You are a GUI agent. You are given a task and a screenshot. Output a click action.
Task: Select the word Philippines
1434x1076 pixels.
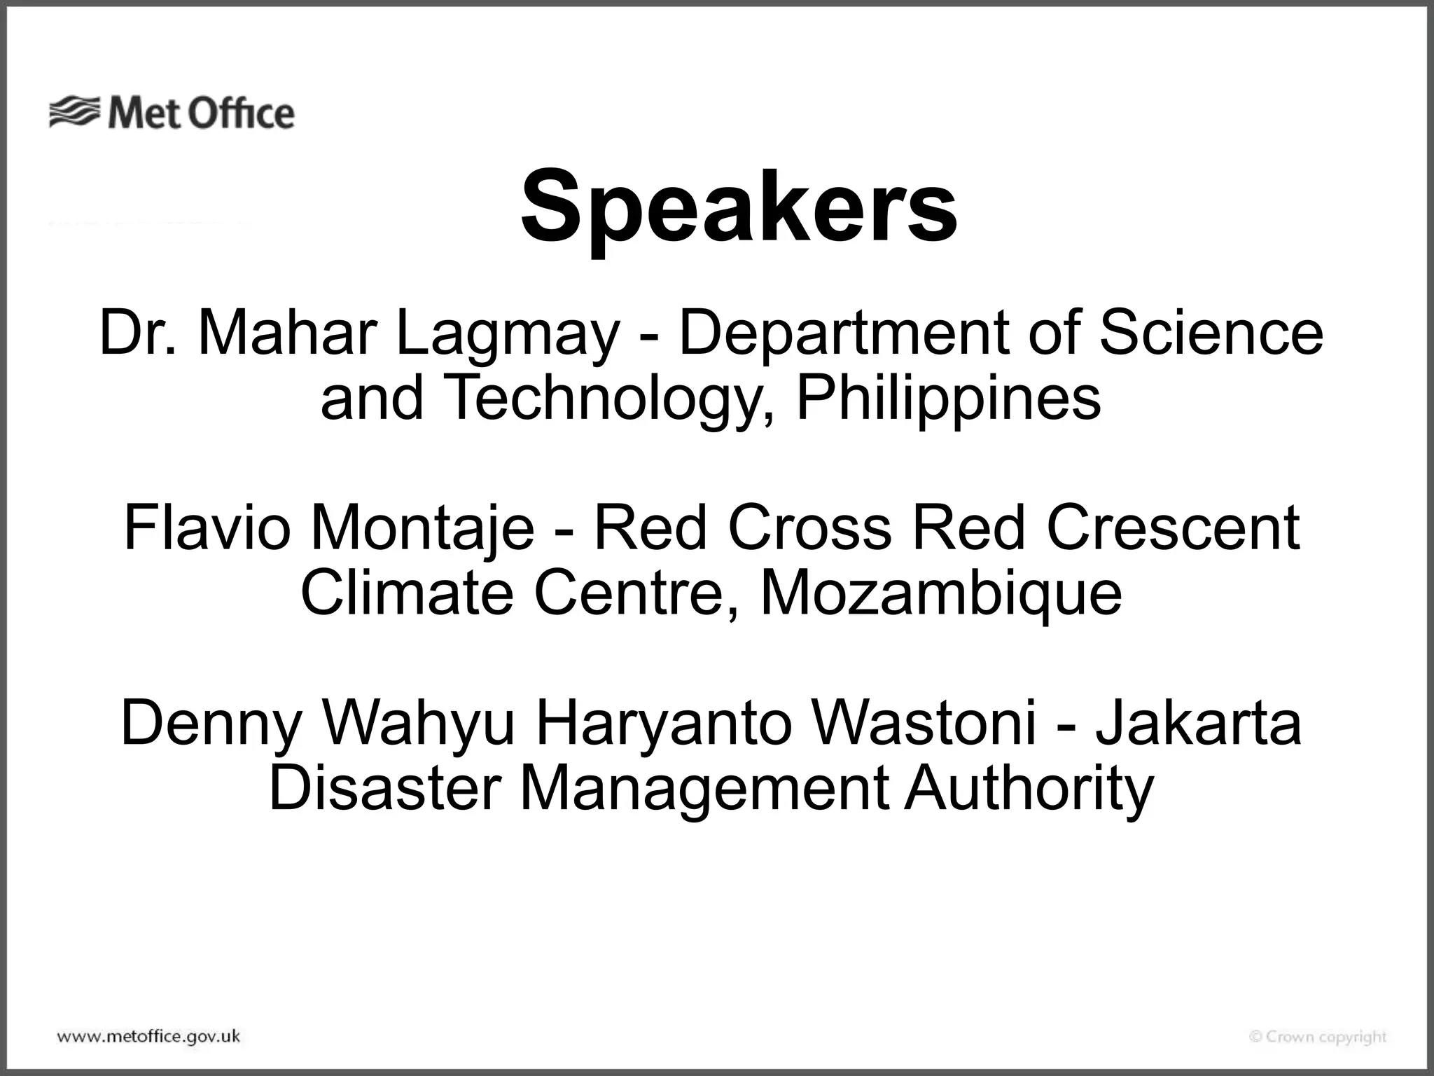[948, 398]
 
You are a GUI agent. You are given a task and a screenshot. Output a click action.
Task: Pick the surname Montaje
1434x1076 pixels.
[422, 529]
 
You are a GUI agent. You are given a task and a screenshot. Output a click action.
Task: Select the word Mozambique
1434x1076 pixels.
[941, 594]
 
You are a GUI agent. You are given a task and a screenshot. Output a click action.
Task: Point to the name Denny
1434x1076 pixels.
[211, 724]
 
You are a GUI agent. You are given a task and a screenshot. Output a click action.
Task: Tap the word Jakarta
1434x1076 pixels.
[1198, 723]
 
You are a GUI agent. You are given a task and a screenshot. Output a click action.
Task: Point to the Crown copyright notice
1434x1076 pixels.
[1318, 1037]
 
